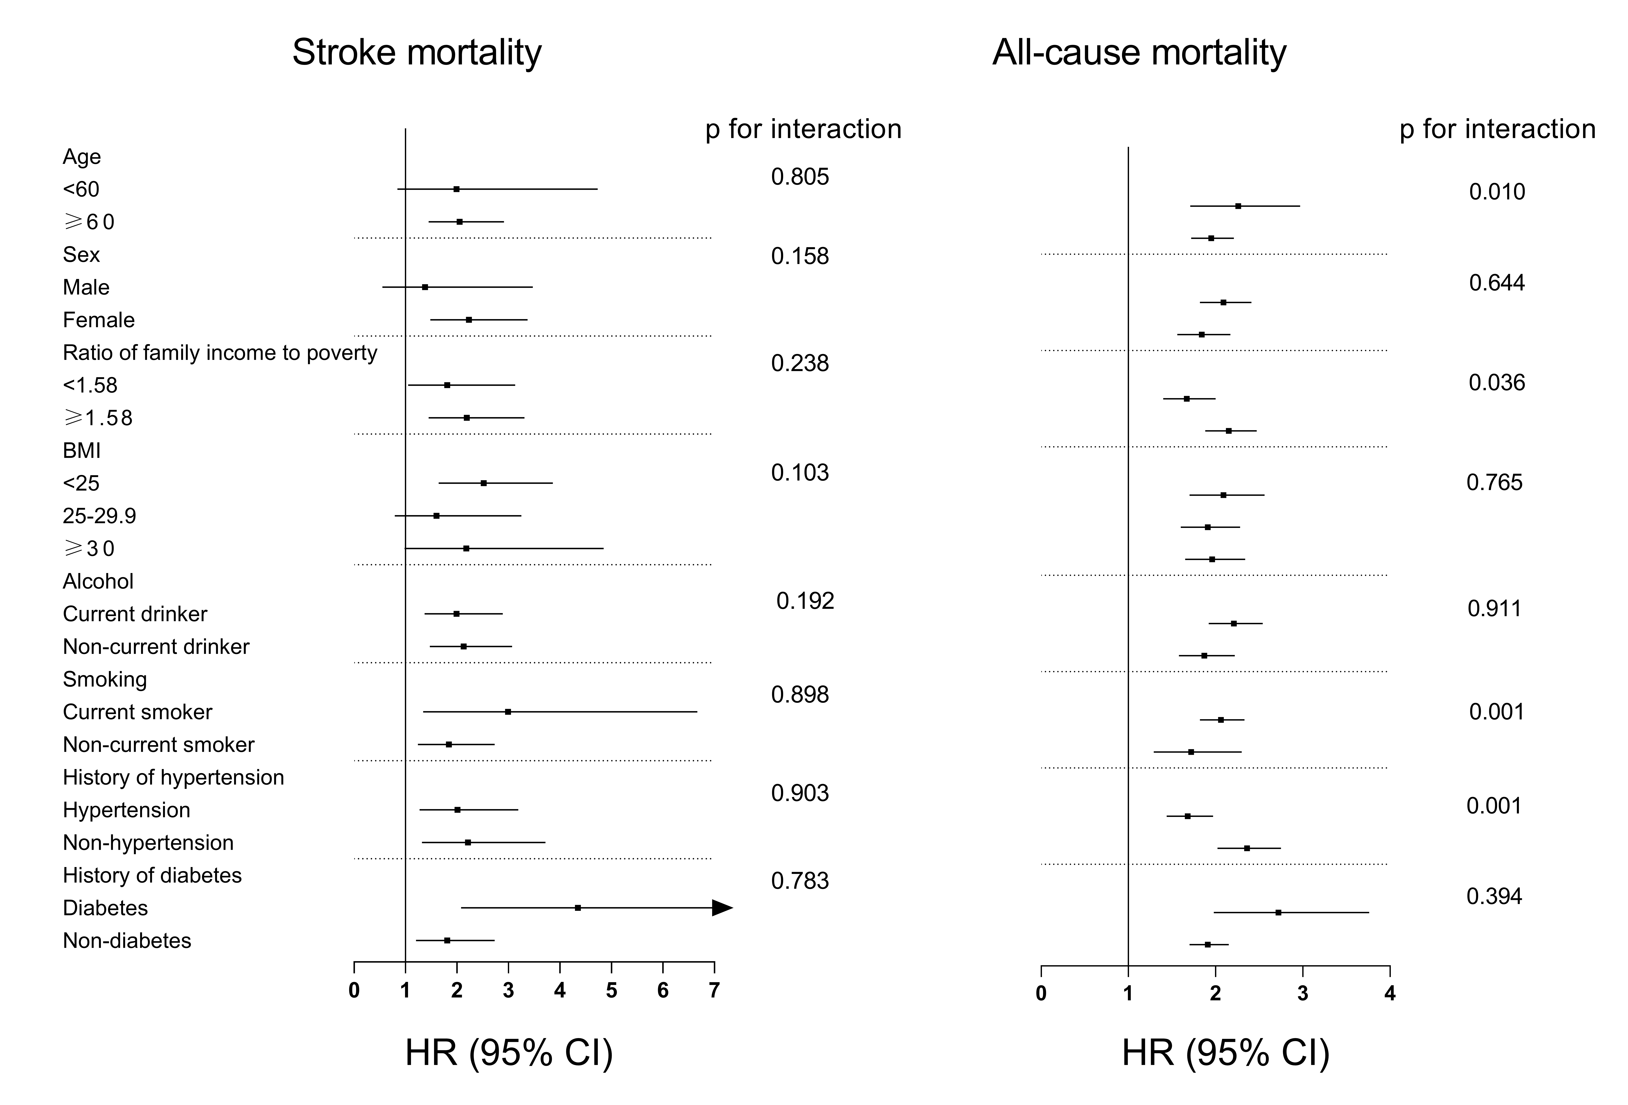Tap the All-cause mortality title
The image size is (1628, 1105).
(x=1139, y=53)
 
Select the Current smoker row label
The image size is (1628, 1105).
(x=137, y=712)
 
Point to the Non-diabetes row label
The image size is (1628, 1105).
(x=127, y=940)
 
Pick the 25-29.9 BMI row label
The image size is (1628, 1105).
(x=99, y=516)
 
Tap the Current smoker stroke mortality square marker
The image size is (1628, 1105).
(x=508, y=712)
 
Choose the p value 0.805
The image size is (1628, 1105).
(x=800, y=177)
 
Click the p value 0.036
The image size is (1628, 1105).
(x=1497, y=383)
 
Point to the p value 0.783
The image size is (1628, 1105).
(x=800, y=881)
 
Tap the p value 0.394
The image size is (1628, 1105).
(x=1494, y=896)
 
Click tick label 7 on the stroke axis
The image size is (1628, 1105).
(x=714, y=991)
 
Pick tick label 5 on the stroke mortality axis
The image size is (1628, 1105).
(x=612, y=991)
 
